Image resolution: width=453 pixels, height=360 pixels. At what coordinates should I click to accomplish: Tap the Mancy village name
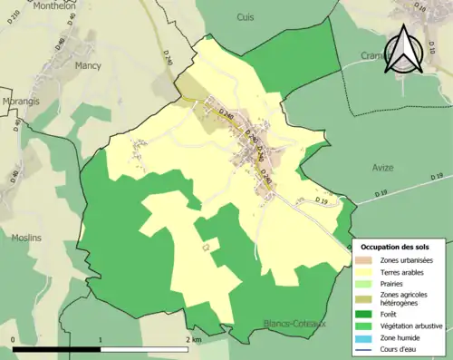tap(88, 65)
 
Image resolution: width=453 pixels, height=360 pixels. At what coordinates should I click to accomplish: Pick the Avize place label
tap(383, 167)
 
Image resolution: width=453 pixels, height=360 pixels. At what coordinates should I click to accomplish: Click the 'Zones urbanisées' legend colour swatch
tap(367, 260)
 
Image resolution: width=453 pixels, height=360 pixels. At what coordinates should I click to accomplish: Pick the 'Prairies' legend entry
tap(392, 283)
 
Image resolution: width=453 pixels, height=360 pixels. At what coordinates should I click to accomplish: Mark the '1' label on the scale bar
tap(100, 339)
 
